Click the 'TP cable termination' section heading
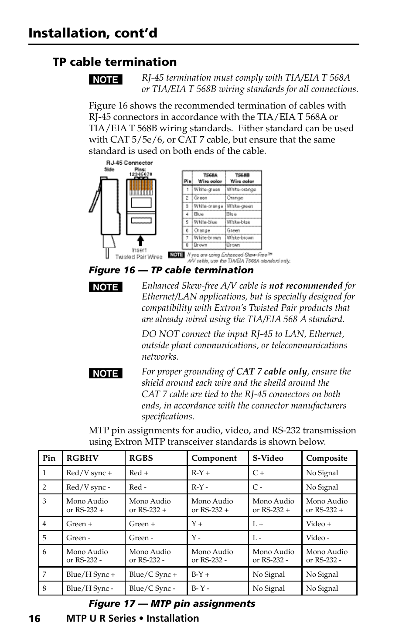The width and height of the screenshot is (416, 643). [x=115, y=62]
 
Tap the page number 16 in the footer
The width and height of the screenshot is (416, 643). [x=34, y=619]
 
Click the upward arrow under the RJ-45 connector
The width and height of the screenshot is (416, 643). [x=140, y=241]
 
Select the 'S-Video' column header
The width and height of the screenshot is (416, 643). [x=268, y=458]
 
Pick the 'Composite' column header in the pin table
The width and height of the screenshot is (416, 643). [x=327, y=458]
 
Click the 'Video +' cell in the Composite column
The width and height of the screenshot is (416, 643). [x=318, y=524]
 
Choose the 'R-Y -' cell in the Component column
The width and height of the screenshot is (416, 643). [x=200, y=487]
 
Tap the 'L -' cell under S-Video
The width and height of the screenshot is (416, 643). [x=257, y=538]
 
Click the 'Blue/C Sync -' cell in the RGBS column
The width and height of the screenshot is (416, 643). [x=152, y=589]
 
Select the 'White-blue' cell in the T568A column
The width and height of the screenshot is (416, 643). [x=205, y=222]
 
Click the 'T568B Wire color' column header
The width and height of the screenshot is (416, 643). [x=242, y=178]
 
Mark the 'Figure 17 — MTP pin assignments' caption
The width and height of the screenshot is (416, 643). [x=172, y=604]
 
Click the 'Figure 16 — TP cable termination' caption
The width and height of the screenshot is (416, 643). [x=171, y=270]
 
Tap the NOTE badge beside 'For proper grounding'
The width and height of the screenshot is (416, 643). [x=106, y=374]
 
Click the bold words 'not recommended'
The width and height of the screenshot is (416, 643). [x=305, y=286]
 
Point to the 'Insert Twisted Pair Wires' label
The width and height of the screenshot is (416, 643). [x=139, y=254]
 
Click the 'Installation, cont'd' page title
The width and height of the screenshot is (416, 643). [x=93, y=33]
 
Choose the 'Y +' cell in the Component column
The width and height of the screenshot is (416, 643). [x=197, y=524]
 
